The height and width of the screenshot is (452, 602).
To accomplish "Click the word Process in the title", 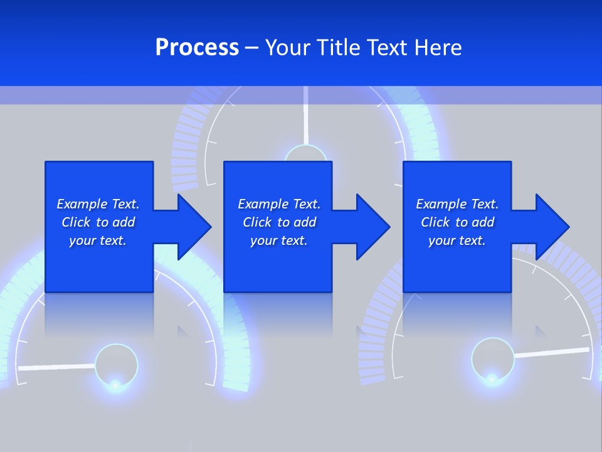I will (197, 48).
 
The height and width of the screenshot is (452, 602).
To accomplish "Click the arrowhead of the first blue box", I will (194, 227).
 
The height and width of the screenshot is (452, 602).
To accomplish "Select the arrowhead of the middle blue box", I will (373, 227).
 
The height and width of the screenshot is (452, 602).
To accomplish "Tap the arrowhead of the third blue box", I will (552, 227).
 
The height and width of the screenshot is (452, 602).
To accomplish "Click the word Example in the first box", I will (82, 204).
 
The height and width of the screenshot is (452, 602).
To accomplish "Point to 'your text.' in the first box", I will (98, 240).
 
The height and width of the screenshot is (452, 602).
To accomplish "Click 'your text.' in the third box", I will (457, 240).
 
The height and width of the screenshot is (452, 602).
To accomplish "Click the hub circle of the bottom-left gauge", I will (116, 363).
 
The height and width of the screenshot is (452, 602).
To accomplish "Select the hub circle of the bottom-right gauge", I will (493, 358).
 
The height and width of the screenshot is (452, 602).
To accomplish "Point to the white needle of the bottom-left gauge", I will (56, 366).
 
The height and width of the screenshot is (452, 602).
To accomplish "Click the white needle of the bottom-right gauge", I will (552, 353).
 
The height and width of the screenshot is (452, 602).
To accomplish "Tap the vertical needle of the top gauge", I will (305, 116).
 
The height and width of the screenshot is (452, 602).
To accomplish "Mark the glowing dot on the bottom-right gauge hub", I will (492, 378).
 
